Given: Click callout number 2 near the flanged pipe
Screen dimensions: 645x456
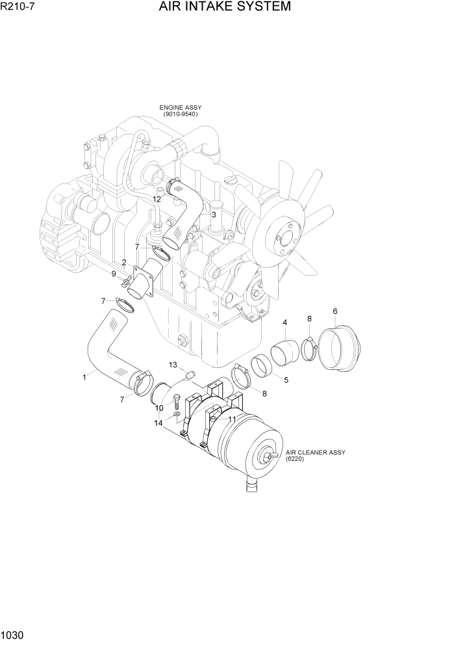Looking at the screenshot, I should (124, 263).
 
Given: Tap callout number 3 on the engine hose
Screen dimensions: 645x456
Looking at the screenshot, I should (213, 215).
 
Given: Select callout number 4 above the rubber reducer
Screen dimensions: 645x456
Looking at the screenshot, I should (285, 322).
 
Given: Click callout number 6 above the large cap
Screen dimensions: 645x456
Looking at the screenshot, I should (335, 311).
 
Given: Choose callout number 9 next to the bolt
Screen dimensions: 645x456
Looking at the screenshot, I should (114, 274).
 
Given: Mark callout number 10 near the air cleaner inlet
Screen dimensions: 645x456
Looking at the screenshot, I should (159, 408).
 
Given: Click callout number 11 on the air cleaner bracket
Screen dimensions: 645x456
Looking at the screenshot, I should (231, 419).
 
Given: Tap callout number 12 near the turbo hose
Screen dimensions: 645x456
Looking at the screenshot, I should (157, 199).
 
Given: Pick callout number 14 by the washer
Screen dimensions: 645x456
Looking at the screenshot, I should (159, 423).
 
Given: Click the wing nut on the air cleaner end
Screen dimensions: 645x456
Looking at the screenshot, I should (267, 458).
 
